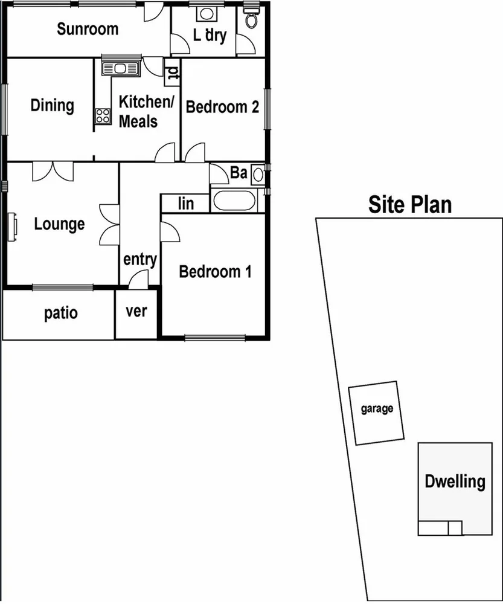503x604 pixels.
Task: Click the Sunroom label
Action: (88, 29)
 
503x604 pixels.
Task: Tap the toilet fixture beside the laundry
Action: (251, 19)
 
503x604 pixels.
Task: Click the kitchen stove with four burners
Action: (103, 115)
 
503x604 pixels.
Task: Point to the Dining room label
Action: (53, 106)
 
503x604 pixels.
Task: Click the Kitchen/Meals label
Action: (146, 111)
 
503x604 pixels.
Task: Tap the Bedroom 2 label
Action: (223, 107)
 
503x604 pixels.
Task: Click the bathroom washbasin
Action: (258, 175)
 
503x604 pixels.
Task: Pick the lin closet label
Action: (186, 204)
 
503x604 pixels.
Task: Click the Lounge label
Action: (59, 224)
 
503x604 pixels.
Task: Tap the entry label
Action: (140, 260)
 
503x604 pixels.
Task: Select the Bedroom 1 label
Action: (215, 272)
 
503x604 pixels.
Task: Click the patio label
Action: (61, 313)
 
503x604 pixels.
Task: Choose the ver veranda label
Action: (136, 312)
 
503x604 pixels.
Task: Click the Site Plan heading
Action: (410, 204)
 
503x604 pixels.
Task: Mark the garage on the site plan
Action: (377, 411)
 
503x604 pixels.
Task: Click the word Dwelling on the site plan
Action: (455, 481)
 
